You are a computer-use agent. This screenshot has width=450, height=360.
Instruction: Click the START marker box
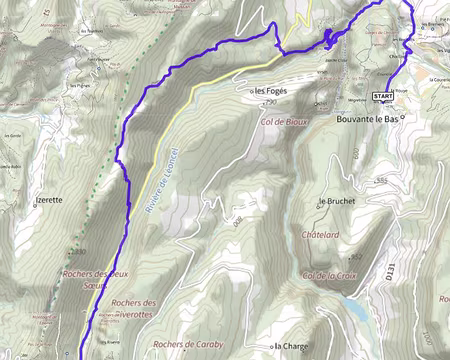tap(382, 97)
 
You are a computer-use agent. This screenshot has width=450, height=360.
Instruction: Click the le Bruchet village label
tap(339, 200)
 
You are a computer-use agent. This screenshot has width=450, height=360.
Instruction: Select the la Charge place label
tap(292, 348)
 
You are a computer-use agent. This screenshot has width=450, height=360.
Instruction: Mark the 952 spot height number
tap(355, 256)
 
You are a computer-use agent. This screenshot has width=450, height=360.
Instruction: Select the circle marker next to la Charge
tap(274, 347)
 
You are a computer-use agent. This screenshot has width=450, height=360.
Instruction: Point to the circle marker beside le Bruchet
tap(320, 200)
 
